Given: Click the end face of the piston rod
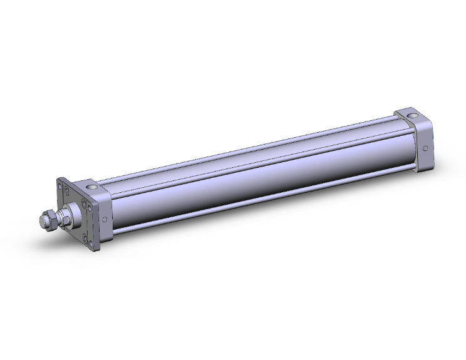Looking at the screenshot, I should tap(43, 221).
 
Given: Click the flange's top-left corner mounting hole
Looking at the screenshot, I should tap(60, 187).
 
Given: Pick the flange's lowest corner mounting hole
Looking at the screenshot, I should tap(91, 243).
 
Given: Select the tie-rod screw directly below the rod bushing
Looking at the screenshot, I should tap(85, 239).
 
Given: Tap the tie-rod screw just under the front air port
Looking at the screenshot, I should tap(84, 203).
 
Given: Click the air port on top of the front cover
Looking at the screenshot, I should tap(92, 187).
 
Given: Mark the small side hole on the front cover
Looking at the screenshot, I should tap(105, 219).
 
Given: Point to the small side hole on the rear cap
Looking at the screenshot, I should tap(425, 149).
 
